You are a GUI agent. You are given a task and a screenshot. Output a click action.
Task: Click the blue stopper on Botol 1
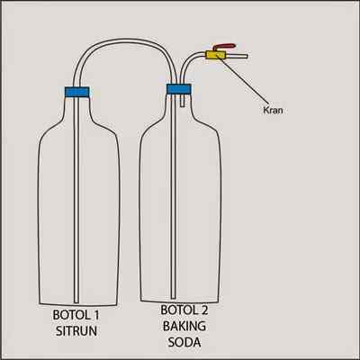coord(77,92)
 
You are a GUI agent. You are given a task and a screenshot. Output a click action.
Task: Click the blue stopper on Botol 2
coord(178,89)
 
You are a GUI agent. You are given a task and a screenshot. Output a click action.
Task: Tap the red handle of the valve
coord(224,47)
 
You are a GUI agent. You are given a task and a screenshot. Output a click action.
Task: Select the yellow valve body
coord(215,55)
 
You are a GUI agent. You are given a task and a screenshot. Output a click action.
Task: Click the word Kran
coord(273,110)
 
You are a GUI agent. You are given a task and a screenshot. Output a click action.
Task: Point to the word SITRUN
coord(76,331)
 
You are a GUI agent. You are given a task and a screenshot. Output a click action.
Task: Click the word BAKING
coord(184,326)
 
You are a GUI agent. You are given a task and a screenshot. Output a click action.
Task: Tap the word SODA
coord(184,342)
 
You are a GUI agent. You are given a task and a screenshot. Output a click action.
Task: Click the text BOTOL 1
coord(76,315)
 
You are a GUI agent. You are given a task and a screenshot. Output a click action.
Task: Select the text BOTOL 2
coord(184,310)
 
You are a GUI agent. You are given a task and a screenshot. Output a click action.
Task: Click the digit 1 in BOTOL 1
coord(96,315)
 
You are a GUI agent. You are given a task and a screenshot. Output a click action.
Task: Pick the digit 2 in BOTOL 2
coord(204,310)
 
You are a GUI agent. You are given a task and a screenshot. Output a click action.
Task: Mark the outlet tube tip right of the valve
coord(247,56)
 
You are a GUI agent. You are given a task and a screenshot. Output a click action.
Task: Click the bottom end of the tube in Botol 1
coord(76,301)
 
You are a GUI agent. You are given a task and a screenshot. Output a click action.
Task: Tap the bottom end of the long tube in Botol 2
coord(173,297)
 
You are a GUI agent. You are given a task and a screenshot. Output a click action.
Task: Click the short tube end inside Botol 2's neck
coord(183,105)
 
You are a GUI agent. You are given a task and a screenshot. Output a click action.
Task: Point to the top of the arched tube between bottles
coord(124,41)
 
